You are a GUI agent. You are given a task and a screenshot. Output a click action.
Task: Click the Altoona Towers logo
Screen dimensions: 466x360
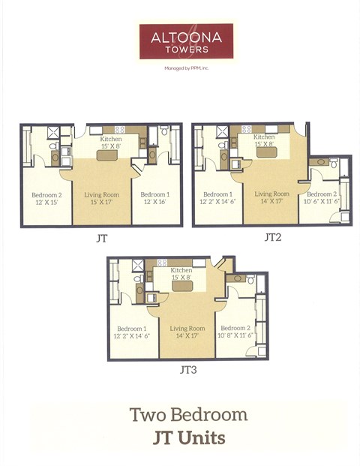[x=185, y=41]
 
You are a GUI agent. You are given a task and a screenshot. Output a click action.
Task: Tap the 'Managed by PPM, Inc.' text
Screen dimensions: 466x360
[x=185, y=68]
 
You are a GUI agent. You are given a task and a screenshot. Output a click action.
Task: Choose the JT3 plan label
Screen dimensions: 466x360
[x=187, y=370]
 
